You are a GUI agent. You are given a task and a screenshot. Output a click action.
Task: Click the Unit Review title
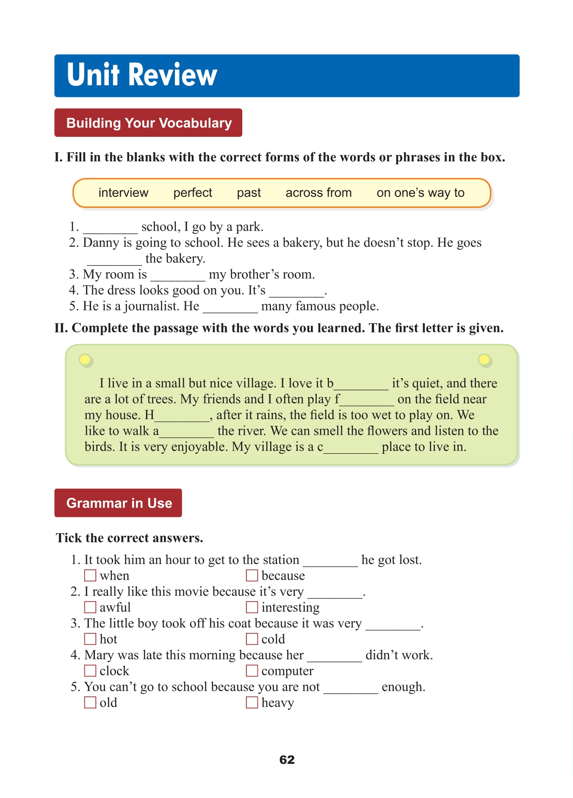[x=142, y=75]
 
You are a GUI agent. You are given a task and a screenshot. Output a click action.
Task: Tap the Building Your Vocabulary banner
[x=148, y=123]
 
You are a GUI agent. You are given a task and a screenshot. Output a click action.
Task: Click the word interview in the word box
[x=123, y=193]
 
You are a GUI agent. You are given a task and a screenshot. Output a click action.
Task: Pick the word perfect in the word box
[x=193, y=193]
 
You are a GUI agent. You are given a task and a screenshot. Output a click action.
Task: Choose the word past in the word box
[x=249, y=193]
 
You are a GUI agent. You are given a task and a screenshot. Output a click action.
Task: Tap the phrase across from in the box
[x=318, y=193]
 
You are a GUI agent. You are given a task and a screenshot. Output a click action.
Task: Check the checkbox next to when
[x=90, y=576]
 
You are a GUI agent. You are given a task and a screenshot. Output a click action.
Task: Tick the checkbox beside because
[x=252, y=576]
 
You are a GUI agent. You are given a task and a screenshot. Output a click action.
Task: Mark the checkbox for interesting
[x=252, y=607]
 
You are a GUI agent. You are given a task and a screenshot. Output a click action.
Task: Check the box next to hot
[x=90, y=639]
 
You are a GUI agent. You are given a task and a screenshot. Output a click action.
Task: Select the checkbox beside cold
[x=252, y=639]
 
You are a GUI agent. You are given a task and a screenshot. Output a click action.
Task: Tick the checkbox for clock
[x=90, y=671]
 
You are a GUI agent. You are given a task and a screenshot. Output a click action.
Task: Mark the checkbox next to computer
[x=252, y=671]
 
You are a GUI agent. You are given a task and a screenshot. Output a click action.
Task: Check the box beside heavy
[x=252, y=703]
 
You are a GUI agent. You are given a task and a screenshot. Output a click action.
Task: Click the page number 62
[x=287, y=760]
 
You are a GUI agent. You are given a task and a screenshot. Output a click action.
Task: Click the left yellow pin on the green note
[x=85, y=360]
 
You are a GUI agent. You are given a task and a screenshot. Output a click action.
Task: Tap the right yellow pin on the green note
[x=484, y=360]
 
